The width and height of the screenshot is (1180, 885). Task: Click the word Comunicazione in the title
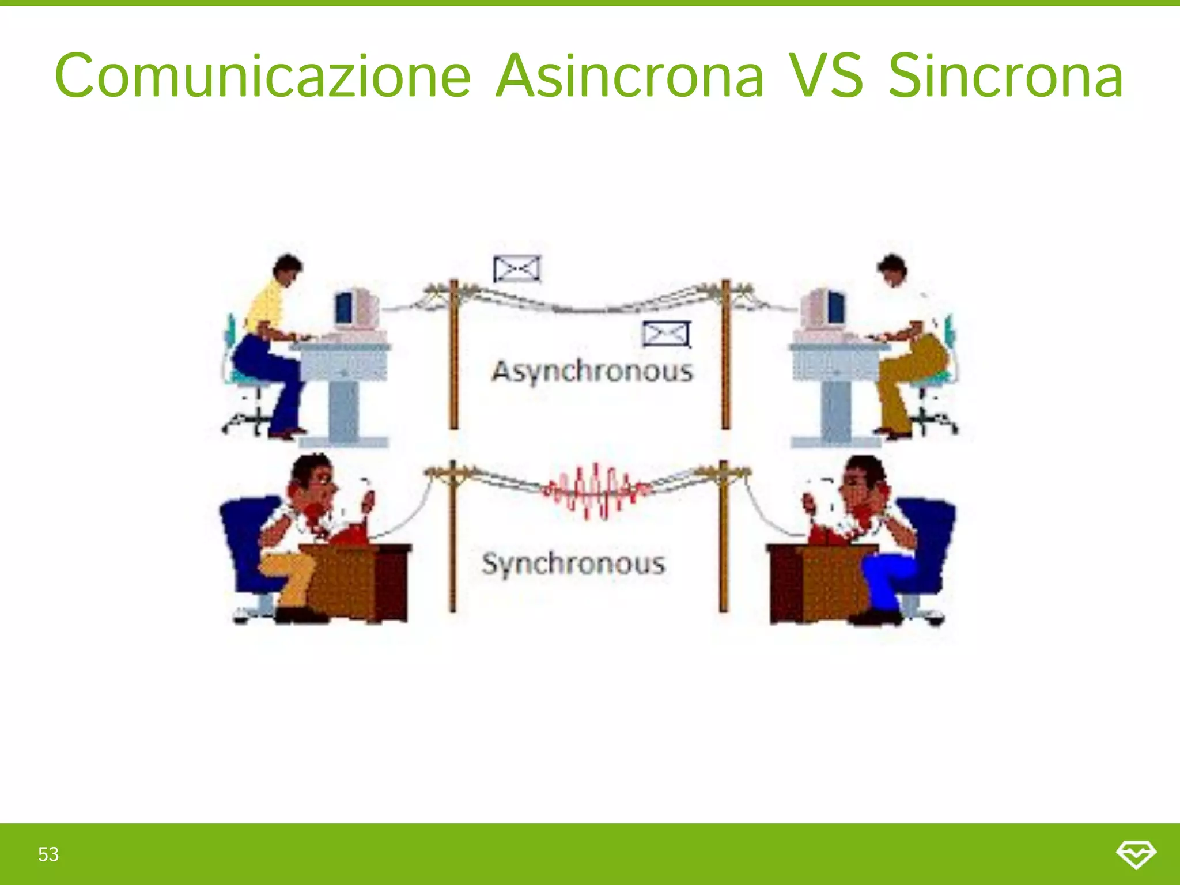coord(262,77)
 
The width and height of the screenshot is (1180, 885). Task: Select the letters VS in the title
coord(826,77)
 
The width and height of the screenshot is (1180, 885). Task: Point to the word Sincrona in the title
coord(1005,77)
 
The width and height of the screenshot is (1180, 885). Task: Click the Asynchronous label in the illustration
coord(592,372)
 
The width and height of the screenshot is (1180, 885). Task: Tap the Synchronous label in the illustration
coord(573,563)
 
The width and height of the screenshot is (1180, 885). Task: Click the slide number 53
coord(48,854)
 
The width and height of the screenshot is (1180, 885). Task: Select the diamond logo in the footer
coord(1136,854)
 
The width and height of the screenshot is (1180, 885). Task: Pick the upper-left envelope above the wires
coord(517,268)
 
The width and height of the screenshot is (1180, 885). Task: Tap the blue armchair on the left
coord(245,542)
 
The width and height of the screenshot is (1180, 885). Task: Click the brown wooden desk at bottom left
coord(357,582)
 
